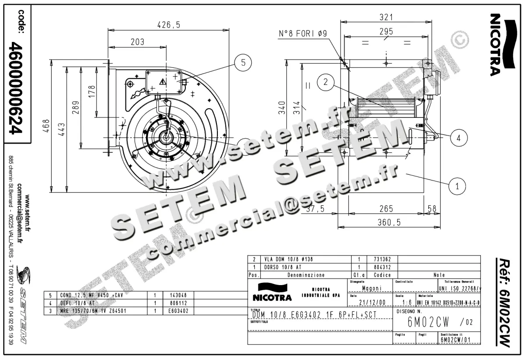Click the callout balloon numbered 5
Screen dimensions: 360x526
point(243,63)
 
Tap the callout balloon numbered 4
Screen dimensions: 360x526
point(458,138)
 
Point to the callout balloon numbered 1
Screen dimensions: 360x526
point(457,185)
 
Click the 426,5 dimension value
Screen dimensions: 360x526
point(169,25)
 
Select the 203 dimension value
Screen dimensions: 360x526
point(137,42)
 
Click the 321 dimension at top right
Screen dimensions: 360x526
point(386,17)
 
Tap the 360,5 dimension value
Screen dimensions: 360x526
point(390,222)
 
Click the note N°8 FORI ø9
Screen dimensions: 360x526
point(303,34)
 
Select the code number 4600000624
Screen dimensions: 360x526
point(17,88)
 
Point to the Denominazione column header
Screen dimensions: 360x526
point(306,275)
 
